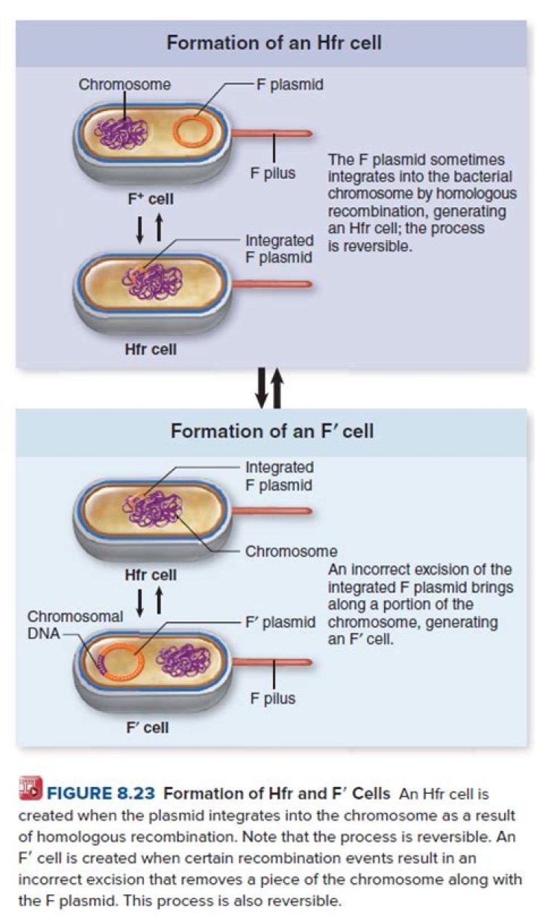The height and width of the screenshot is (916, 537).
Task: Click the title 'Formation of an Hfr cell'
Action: click(x=274, y=42)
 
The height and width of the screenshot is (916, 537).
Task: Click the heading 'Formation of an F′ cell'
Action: click(x=272, y=431)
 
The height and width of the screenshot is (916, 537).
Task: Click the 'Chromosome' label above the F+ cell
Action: click(x=125, y=84)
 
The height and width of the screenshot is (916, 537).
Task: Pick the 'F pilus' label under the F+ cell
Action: click(x=273, y=174)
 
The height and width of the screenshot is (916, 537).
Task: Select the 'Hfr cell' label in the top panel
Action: click(x=150, y=348)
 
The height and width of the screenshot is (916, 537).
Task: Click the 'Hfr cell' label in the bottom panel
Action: click(x=150, y=575)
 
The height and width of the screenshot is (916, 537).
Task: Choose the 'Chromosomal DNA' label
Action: click(x=75, y=625)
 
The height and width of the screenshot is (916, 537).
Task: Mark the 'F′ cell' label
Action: click(x=146, y=727)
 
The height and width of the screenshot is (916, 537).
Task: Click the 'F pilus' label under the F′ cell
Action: click(x=273, y=698)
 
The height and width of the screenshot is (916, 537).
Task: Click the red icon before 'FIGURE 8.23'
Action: click(x=32, y=789)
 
